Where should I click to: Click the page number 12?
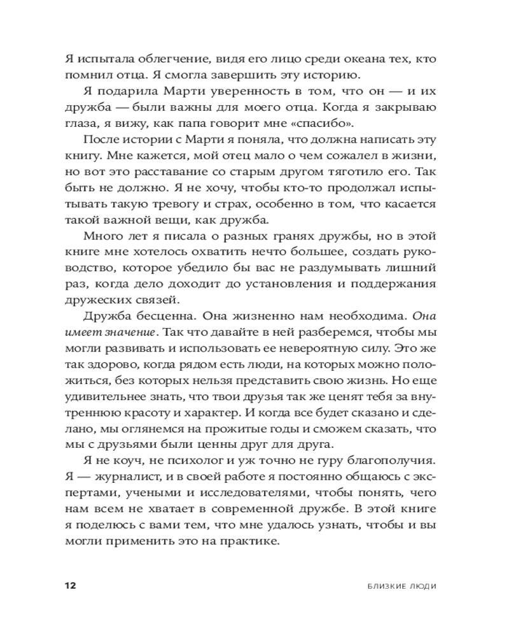[x=70, y=586]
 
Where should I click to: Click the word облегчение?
[x=155, y=59]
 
